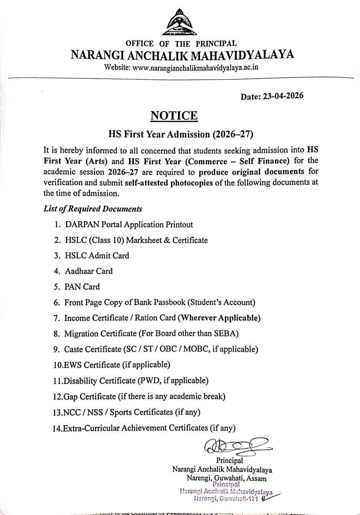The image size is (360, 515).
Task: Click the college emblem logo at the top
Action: tap(180, 23)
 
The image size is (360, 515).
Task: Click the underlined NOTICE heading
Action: tap(174, 116)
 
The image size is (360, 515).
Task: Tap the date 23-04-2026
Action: tap(283, 96)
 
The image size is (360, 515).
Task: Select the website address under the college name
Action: tap(195, 67)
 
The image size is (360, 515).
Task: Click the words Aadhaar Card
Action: tap(89, 271)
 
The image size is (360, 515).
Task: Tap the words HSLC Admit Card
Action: tap(97, 256)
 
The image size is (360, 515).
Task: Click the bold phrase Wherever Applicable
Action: tap(219, 318)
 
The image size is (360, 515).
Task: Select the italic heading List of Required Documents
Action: tap(93, 209)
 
